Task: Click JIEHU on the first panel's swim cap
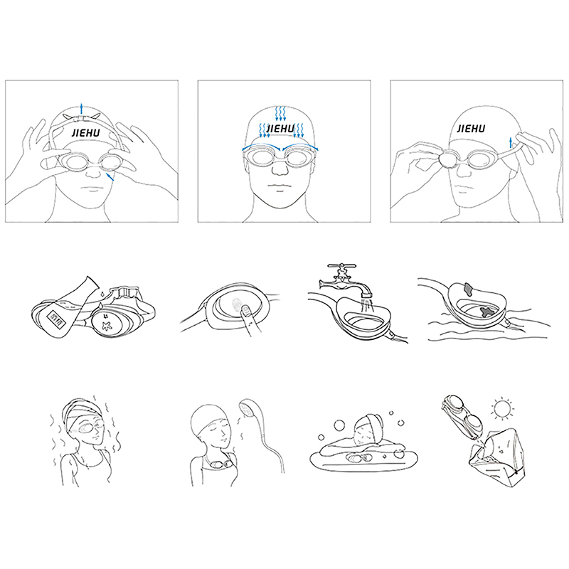[85, 132]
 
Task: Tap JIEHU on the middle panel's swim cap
[280, 129]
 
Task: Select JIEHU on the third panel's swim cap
[471, 129]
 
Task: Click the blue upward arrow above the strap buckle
[82, 109]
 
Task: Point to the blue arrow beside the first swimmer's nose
[110, 177]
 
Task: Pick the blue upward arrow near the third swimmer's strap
[511, 142]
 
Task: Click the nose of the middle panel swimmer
[280, 168]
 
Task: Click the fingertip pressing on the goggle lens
[246, 311]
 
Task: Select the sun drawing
[503, 408]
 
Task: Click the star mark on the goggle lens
[106, 325]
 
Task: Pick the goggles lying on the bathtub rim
[357, 458]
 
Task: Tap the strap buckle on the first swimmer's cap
[82, 118]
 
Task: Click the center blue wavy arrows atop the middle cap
[280, 113]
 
